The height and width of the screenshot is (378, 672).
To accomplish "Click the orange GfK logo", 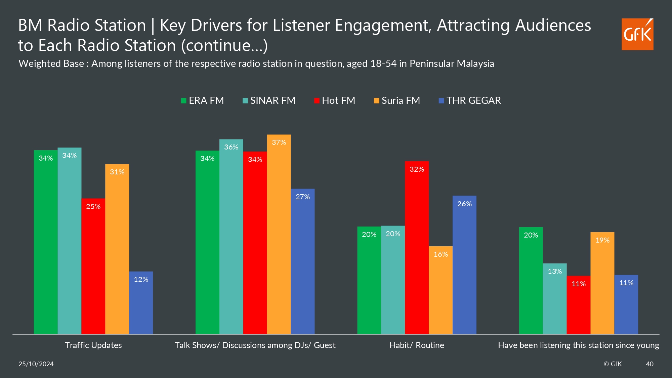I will (637, 34).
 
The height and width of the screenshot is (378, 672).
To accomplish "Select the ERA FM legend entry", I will (202, 100).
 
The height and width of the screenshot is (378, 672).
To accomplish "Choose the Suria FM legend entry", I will (397, 100).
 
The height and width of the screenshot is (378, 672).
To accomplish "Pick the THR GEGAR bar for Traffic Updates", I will (141, 303).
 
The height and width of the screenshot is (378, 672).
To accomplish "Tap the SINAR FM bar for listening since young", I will (555, 299).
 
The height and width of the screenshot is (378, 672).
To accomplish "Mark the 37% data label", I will (279, 142).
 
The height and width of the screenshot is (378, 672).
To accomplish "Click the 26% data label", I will (464, 204).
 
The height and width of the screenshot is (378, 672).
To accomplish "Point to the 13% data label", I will (555, 271).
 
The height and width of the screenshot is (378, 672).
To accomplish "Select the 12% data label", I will (141, 280).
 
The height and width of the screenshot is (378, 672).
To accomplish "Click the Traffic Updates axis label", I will (93, 345).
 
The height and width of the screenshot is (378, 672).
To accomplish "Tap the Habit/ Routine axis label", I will (417, 345).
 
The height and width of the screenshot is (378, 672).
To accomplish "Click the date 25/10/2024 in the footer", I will (36, 364).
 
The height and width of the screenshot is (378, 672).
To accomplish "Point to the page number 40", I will (649, 364).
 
